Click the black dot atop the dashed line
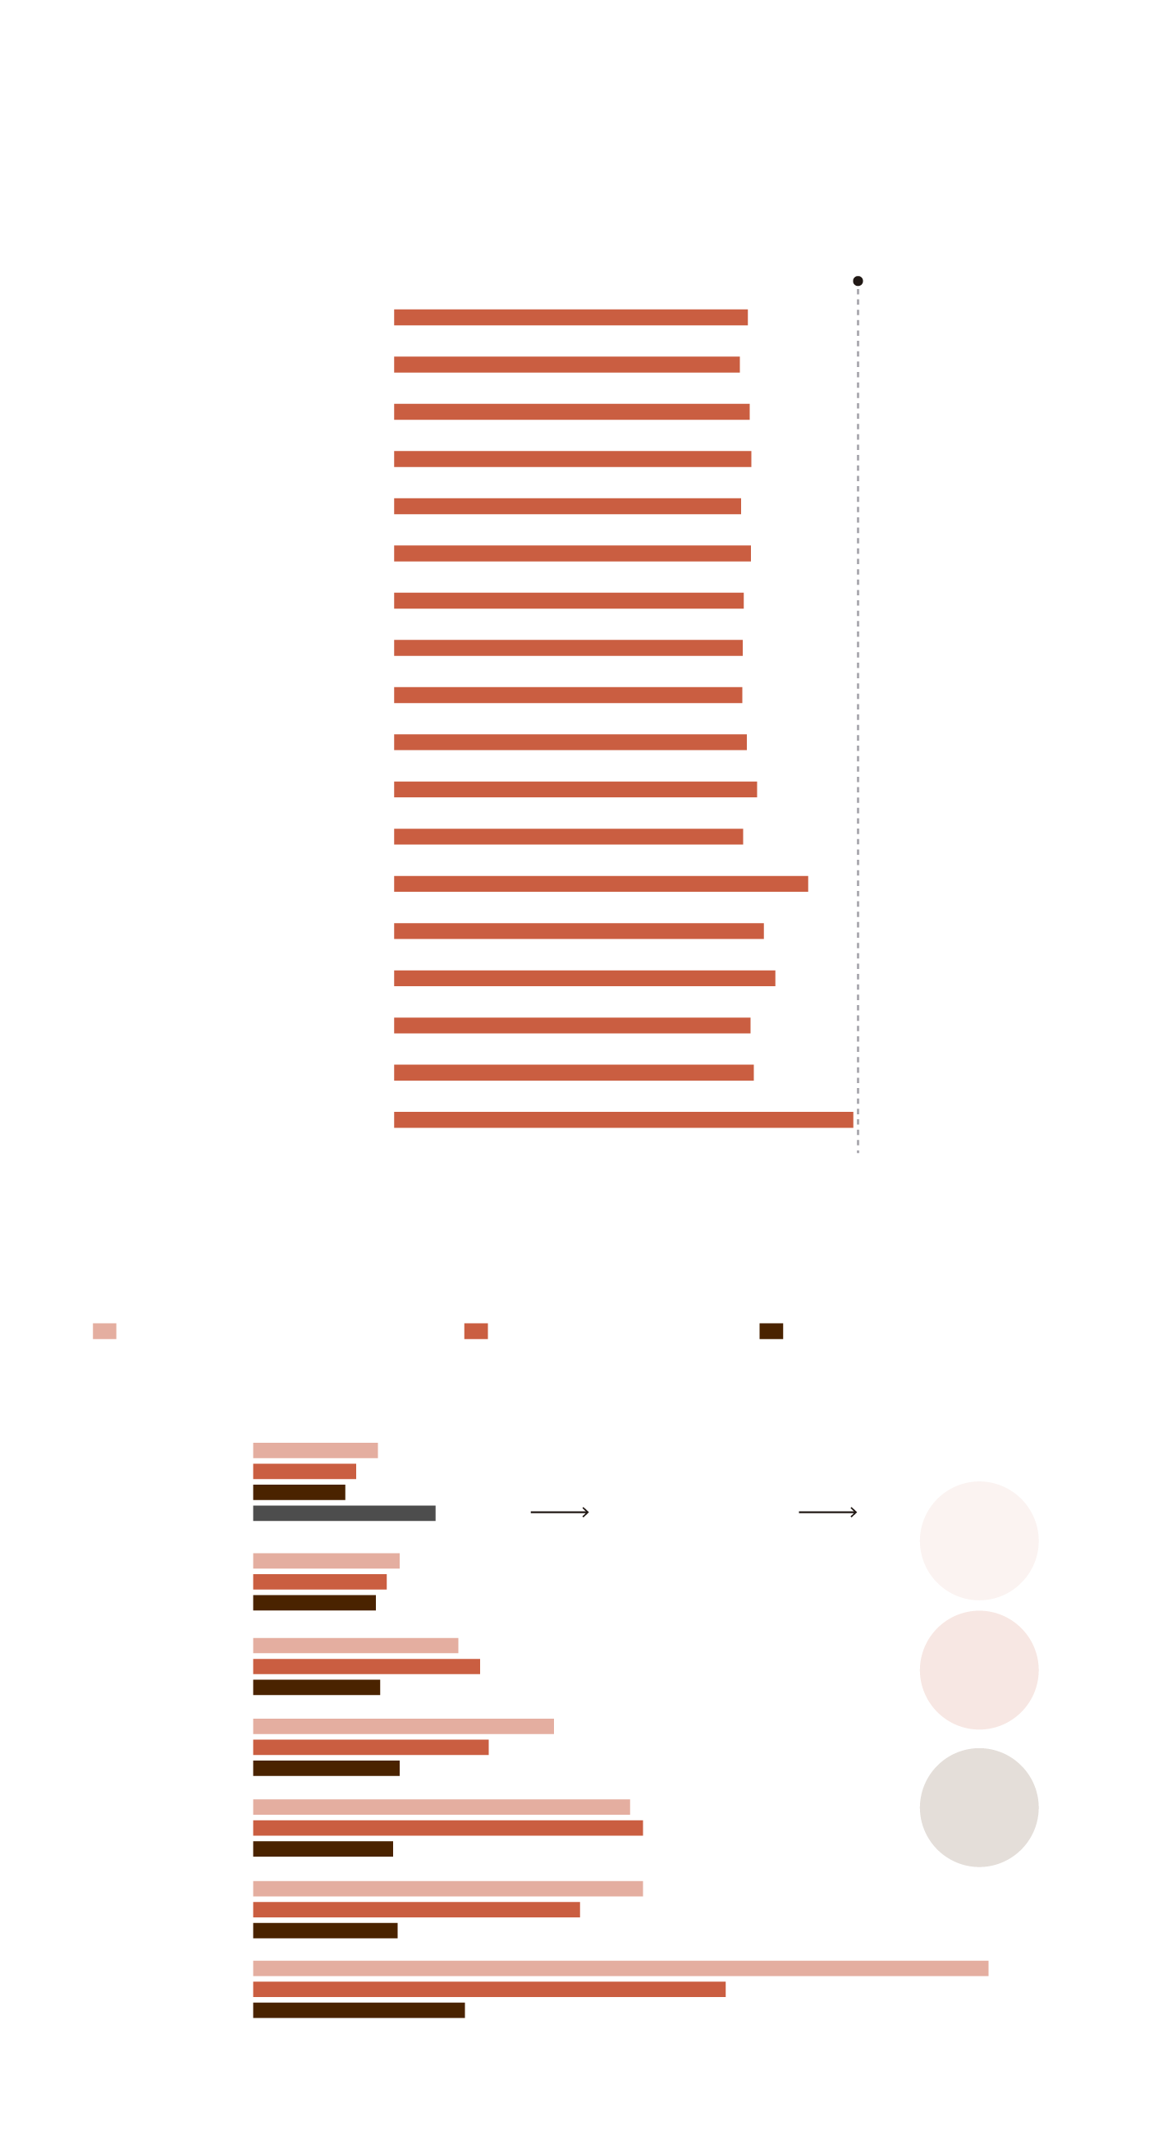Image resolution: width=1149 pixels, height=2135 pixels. (858, 281)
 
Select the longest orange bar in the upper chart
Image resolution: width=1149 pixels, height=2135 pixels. (623, 1120)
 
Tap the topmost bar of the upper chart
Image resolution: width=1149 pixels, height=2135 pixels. (570, 318)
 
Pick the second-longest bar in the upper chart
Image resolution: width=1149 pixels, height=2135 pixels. (601, 884)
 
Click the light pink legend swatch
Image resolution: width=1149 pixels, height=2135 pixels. (104, 1331)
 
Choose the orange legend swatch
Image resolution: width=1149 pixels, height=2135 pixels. (475, 1331)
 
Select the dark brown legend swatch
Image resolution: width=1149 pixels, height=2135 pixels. (771, 1331)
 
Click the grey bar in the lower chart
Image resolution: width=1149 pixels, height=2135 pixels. (344, 1513)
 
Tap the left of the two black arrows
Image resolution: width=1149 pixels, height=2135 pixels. (559, 1513)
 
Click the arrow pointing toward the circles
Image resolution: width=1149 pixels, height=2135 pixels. (826, 1513)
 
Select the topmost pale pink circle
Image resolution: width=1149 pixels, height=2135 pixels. (978, 1540)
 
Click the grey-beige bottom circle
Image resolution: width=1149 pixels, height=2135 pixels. (978, 1807)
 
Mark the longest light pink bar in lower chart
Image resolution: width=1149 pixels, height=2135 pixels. (620, 1968)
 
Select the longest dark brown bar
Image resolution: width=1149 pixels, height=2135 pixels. (359, 2010)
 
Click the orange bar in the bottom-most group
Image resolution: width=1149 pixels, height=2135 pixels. (489, 1989)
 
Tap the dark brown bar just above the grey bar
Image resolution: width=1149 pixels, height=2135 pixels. (299, 1493)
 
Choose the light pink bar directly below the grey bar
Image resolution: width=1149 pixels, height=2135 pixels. (326, 1561)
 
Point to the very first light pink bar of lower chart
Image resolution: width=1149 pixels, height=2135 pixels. (315, 1450)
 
